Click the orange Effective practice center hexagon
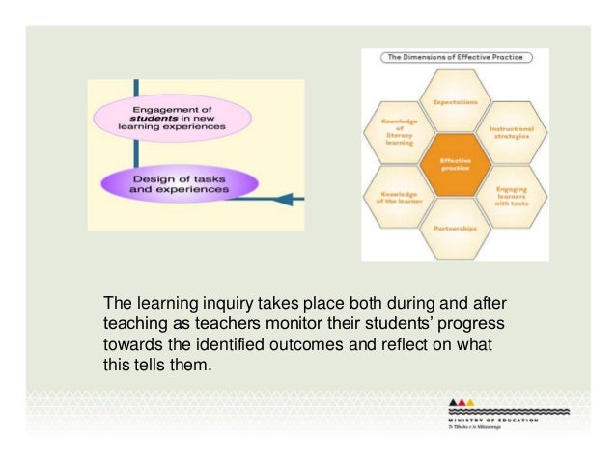[454, 164]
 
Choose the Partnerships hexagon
[455, 229]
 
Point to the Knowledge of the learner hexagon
[399, 197]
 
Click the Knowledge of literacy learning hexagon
[399, 134]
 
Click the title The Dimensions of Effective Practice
[454, 58]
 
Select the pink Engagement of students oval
[173, 117]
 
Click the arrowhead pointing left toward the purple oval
[295, 198]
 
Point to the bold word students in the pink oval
[144, 118]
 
